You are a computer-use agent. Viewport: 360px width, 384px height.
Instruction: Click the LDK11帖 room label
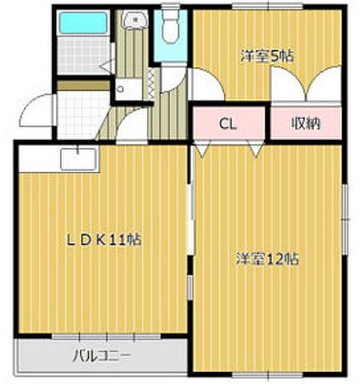pyautogui.click(x=104, y=239)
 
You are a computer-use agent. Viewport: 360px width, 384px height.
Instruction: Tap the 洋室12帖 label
pyautogui.click(x=267, y=258)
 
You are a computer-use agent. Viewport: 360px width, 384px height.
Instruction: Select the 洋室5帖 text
pyautogui.click(x=267, y=56)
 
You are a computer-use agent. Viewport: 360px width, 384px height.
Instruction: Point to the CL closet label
pyautogui.click(x=227, y=124)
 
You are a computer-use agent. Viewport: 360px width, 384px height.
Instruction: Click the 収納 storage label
pyautogui.click(x=306, y=123)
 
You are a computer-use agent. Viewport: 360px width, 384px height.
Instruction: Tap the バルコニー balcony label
pyautogui.click(x=102, y=356)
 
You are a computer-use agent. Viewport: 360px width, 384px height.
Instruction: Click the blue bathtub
pyautogui.click(x=83, y=22)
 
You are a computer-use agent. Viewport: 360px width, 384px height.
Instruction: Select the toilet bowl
pyautogui.click(x=170, y=27)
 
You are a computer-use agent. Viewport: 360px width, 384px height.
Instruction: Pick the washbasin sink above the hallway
pyautogui.click(x=135, y=20)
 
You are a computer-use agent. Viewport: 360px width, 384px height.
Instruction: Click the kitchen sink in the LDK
pyautogui.click(x=78, y=159)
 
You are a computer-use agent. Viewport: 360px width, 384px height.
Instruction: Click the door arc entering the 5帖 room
pyautogui.click(x=206, y=84)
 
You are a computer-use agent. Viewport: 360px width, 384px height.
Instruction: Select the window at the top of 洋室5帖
pyautogui.click(x=267, y=6)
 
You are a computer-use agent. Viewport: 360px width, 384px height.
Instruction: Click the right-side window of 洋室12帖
pyautogui.click(x=346, y=219)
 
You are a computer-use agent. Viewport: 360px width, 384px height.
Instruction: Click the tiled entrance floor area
pyautogui.click(x=83, y=115)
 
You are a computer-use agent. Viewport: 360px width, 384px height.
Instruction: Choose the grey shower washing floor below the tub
pyautogui.click(x=84, y=55)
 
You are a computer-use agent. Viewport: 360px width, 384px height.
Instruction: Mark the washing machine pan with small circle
pyautogui.click(x=129, y=89)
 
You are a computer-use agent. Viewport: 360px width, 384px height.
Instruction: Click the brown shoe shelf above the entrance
pyautogui.click(x=83, y=86)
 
